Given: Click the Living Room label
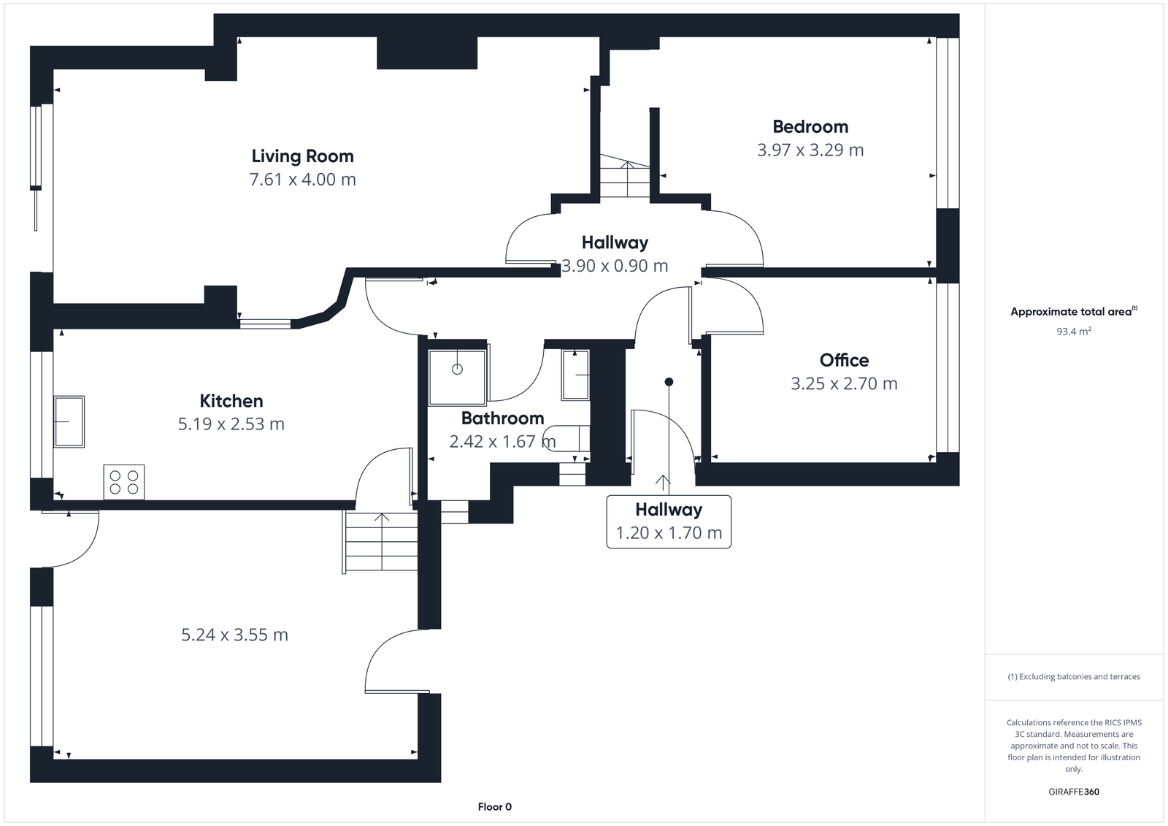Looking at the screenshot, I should click(302, 156).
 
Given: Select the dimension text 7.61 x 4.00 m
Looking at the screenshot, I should click(302, 180).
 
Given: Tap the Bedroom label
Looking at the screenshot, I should click(810, 127).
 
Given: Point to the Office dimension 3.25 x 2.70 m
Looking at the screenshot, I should click(844, 384).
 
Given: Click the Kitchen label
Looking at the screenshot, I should click(231, 401).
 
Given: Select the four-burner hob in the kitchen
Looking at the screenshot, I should click(124, 482).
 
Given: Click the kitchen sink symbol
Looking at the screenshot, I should click(69, 421).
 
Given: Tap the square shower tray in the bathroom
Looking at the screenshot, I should click(457, 378).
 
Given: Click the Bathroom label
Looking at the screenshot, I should click(502, 418).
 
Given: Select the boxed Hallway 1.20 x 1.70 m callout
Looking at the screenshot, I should click(669, 521).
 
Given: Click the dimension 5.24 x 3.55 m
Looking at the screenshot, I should click(234, 635).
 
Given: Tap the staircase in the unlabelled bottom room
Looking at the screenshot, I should click(380, 542).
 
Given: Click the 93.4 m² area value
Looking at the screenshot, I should click(1073, 332).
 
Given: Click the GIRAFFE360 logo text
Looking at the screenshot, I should click(1073, 792).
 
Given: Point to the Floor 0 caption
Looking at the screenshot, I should click(494, 807).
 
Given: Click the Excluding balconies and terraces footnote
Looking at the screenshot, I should click(1073, 677).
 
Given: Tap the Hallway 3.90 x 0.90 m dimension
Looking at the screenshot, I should click(615, 267).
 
